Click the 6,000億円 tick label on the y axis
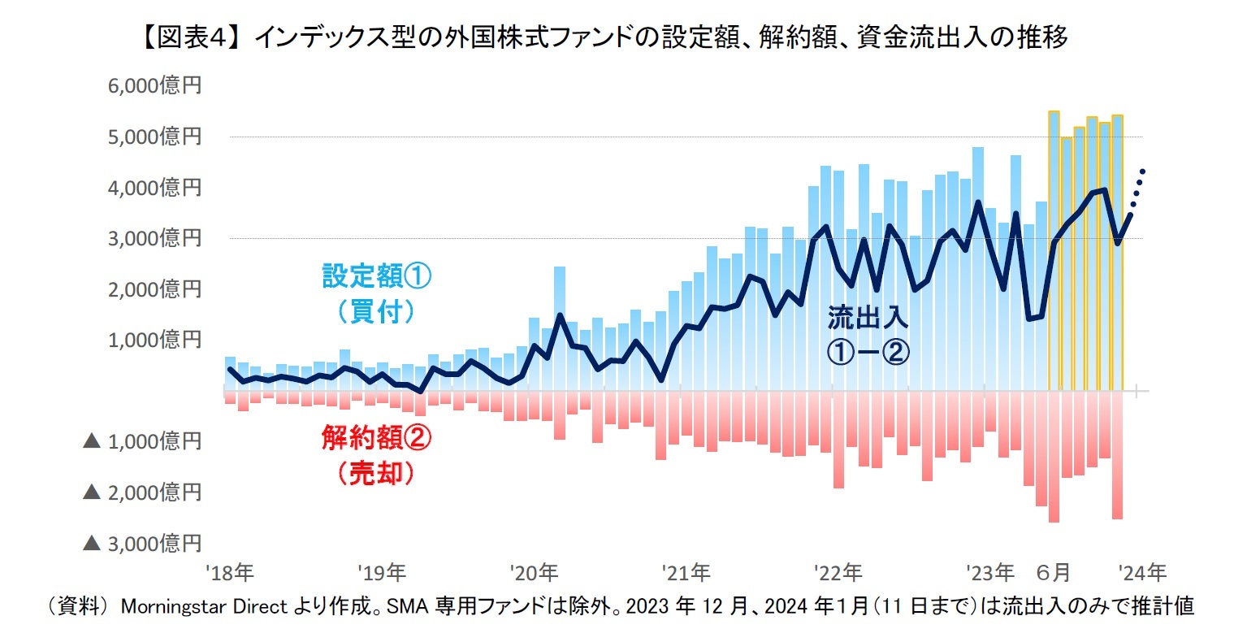point(154,86)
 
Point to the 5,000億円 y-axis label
point(154,137)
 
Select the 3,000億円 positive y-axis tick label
point(154,238)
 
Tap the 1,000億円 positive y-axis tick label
point(154,340)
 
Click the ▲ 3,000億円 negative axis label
point(142,543)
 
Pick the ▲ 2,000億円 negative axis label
point(142,492)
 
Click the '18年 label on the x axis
point(230,574)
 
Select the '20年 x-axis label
point(534,574)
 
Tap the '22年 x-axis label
point(838,574)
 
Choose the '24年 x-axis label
point(1141,574)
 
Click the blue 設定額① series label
point(377,276)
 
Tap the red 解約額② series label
point(376,439)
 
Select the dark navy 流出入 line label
point(868,318)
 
